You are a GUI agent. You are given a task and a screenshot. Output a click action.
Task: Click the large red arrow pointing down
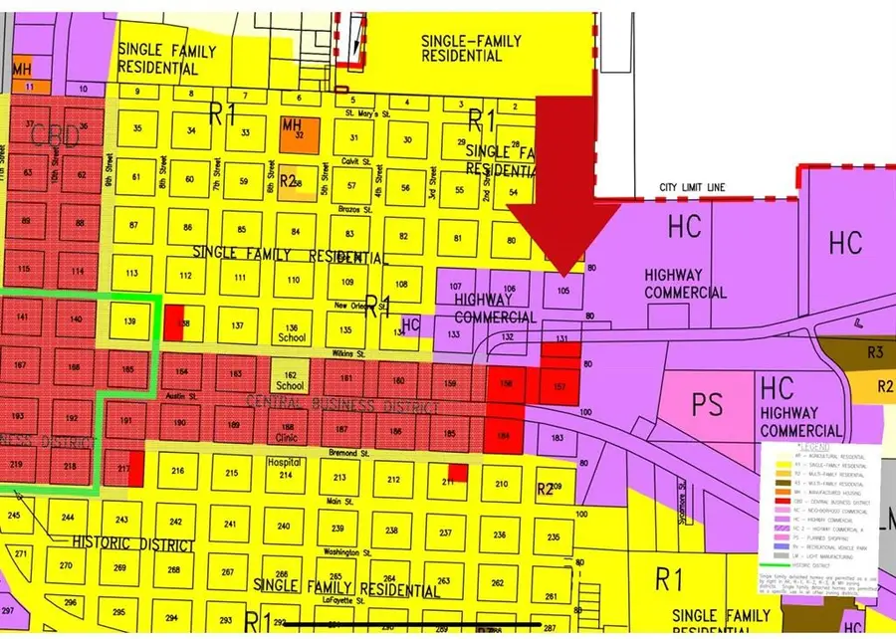pos(563,199)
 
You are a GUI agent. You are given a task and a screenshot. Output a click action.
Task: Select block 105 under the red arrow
pos(563,291)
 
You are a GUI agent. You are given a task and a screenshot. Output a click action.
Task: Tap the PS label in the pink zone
pos(708,404)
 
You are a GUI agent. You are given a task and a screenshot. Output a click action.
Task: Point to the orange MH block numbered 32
pos(292,129)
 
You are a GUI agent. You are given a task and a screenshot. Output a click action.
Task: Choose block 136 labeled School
pos(291,332)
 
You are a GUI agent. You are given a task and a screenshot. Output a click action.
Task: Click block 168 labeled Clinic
pos(288,430)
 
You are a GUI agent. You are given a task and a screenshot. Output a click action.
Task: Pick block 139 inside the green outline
pos(129,321)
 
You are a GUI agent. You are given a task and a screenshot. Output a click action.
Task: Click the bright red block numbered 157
pos(559,385)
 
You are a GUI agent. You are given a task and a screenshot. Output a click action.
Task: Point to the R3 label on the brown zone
pos(875,351)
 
